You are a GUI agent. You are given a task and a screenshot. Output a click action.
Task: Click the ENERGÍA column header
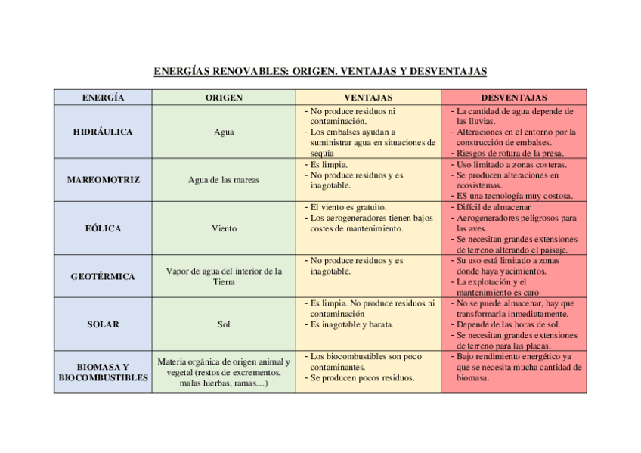click(103, 98)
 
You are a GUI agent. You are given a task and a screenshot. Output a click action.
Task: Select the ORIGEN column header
click(224, 98)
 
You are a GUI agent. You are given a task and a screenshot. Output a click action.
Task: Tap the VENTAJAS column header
click(368, 98)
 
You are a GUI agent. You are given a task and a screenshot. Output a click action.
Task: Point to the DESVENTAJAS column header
click(513, 98)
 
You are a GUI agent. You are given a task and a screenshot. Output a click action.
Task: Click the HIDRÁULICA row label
click(103, 132)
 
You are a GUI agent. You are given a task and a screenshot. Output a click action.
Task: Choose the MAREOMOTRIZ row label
click(103, 180)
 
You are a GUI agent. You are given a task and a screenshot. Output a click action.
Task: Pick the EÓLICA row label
click(103, 228)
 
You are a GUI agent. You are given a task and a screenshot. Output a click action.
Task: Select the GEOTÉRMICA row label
click(103, 276)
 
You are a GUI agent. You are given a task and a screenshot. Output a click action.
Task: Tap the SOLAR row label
click(103, 324)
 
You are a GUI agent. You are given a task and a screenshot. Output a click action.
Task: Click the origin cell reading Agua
click(224, 132)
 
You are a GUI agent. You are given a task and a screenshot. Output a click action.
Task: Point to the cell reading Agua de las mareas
click(224, 180)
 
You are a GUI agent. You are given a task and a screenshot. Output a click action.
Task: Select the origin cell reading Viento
click(224, 228)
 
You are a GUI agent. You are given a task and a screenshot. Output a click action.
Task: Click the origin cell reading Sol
click(224, 324)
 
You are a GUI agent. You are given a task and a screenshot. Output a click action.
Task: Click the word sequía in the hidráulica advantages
click(322, 153)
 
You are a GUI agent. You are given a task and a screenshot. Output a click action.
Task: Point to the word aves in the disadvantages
click(477, 228)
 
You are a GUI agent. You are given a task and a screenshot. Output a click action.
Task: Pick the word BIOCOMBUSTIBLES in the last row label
click(103, 377)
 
